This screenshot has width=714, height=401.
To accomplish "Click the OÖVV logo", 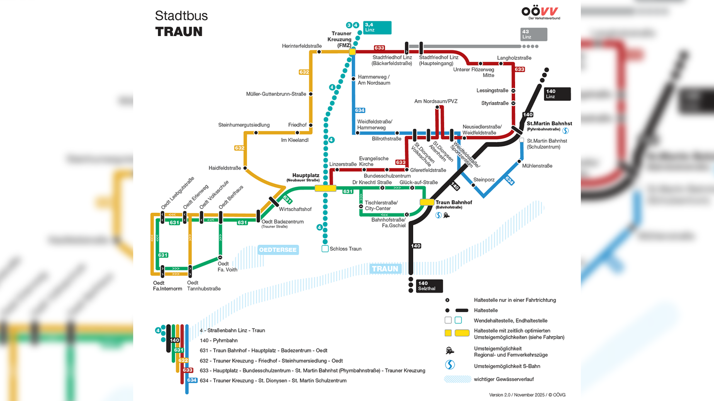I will click(540, 12).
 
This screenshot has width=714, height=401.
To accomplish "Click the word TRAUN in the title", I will click(179, 32).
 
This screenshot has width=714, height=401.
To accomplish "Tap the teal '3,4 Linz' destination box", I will click(377, 28).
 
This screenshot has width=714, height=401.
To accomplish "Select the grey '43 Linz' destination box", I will click(533, 34).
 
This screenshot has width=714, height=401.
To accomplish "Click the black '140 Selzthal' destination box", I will click(429, 286).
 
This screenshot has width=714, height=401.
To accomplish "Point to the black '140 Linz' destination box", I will click(557, 94).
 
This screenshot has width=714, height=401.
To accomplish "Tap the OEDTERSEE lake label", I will click(278, 250).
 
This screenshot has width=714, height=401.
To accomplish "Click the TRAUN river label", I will click(385, 269).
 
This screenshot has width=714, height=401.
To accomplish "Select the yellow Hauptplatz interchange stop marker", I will click(326, 189).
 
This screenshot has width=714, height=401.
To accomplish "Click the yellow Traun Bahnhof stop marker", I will click(426, 202).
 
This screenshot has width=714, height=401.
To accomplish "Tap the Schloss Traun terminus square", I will click(325, 249).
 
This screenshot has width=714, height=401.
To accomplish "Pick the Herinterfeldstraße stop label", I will click(302, 46).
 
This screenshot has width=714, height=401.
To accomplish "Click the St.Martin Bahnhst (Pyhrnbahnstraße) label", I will click(549, 125).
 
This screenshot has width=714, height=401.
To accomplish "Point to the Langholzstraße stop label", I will click(514, 58).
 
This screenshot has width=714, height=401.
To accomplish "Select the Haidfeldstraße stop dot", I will click(245, 168).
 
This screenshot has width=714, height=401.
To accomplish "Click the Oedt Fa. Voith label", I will click(227, 267).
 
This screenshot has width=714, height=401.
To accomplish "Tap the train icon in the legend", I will click(450, 351).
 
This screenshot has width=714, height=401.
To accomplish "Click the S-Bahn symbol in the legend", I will click(450, 365).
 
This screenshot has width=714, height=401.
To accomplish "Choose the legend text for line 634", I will click(273, 381).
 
